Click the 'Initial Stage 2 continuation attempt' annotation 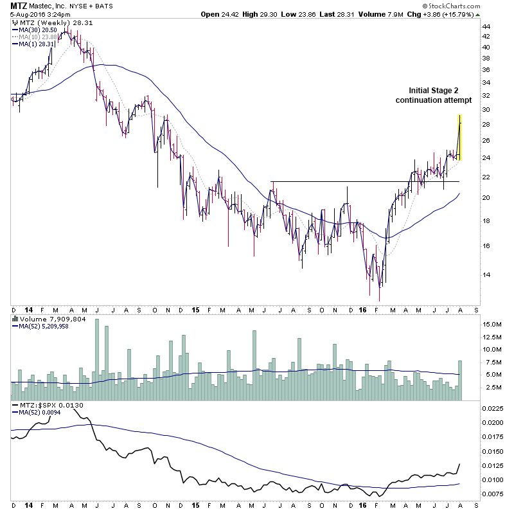click(433, 95)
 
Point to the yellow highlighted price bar click(459, 137)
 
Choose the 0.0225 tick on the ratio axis click(493, 408)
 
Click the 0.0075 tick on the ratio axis click(493, 494)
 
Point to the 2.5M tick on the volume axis click(492, 388)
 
